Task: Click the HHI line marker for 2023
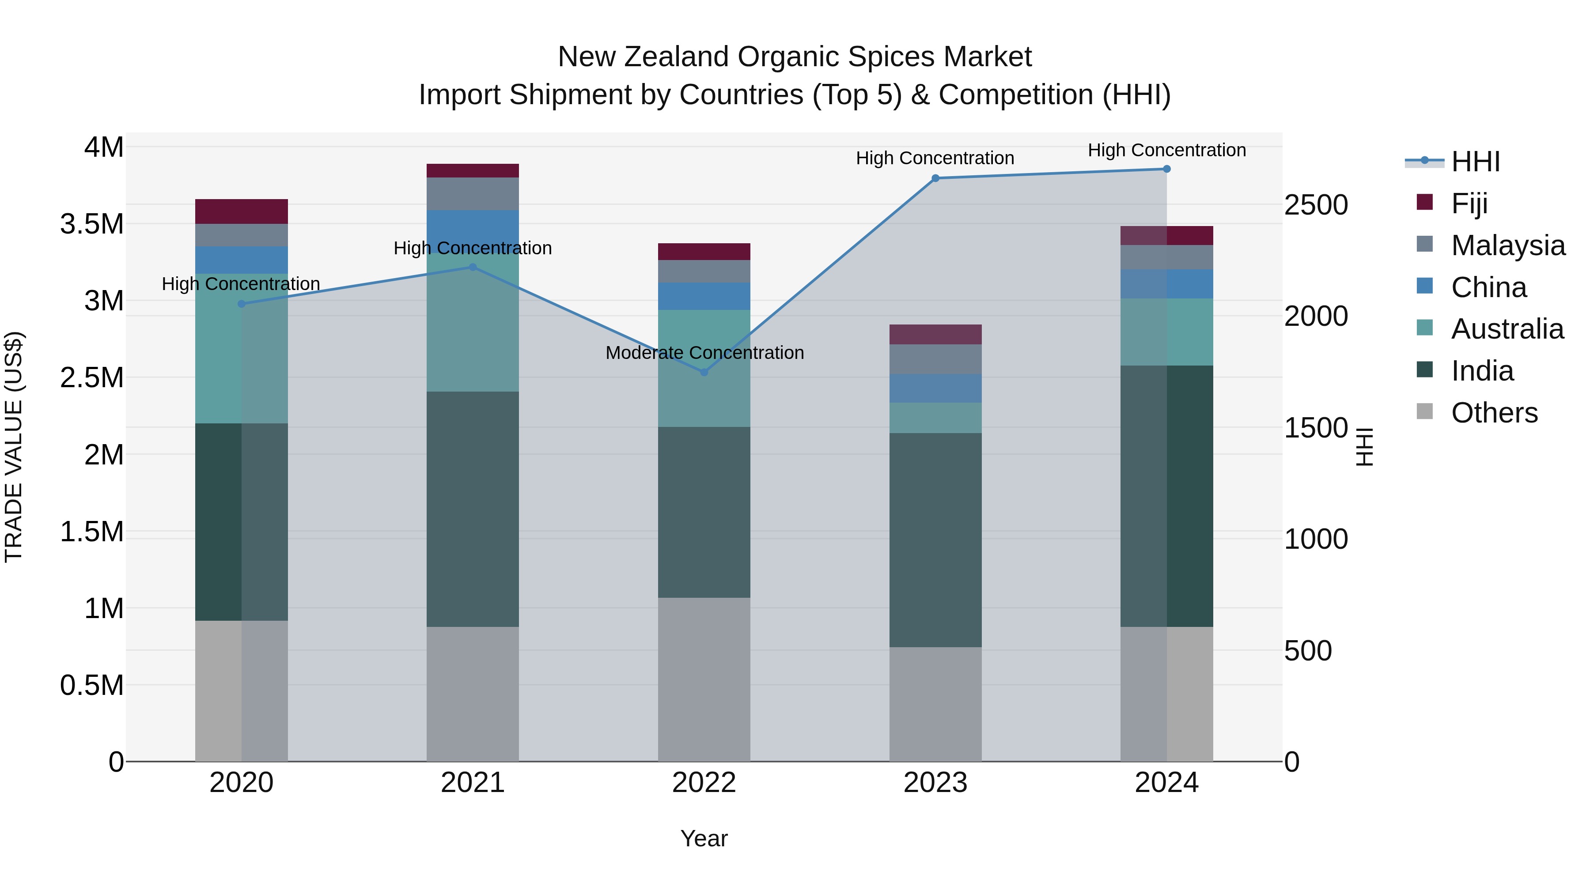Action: coord(935,178)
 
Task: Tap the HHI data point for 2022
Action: coord(704,372)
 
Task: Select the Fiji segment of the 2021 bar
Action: coord(472,171)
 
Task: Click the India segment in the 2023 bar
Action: coord(935,540)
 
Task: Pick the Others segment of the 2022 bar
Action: coord(704,679)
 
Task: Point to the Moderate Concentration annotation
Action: coord(704,353)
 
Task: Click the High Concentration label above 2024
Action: coord(1166,150)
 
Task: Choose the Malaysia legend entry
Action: coord(1508,245)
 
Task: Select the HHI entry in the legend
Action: coord(1475,162)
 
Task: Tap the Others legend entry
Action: coord(1494,413)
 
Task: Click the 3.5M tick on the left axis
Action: coord(92,224)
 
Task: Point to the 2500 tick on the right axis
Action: coord(1316,205)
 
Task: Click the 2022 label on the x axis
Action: coord(704,783)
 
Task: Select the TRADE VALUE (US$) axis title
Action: coord(14,447)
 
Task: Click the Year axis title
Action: coord(704,838)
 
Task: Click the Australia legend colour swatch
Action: coord(1424,328)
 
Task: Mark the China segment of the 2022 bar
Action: coord(704,296)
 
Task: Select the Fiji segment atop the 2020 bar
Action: coord(241,211)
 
